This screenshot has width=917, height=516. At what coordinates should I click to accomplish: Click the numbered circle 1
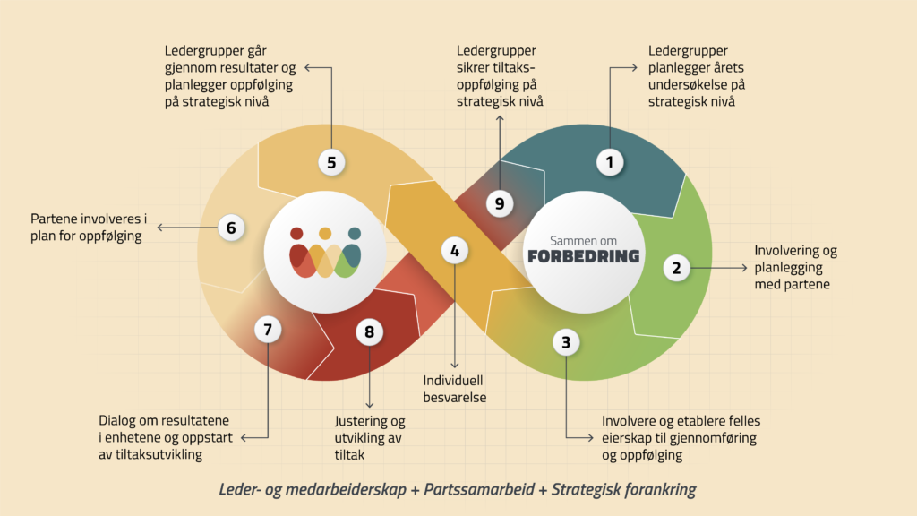click(x=610, y=162)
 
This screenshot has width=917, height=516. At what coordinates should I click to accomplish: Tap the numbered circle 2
click(x=676, y=267)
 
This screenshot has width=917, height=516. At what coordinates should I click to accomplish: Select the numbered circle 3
click(x=565, y=340)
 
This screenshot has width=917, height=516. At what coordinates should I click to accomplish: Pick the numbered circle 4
click(x=455, y=252)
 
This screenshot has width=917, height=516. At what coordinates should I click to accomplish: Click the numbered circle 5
click(x=331, y=162)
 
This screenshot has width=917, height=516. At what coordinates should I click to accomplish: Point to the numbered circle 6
click(x=230, y=228)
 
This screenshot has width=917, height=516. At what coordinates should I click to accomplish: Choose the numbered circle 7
click(x=267, y=330)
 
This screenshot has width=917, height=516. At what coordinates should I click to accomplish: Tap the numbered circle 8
click(x=369, y=332)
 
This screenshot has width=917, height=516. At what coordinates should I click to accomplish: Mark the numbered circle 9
click(x=500, y=203)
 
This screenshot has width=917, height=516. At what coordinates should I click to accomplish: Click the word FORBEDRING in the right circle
click(x=583, y=256)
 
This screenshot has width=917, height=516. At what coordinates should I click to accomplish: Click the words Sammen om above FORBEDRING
click(x=583, y=238)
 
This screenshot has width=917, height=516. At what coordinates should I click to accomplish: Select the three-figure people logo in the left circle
click(x=324, y=253)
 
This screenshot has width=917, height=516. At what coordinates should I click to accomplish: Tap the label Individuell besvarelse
click(x=455, y=389)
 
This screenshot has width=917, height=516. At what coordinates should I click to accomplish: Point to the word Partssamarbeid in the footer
click(x=475, y=490)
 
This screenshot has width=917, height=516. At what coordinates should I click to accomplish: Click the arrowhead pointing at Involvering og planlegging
click(x=744, y=267)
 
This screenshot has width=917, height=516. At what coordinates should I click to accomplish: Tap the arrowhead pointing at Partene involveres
click(x=160, y=228)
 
